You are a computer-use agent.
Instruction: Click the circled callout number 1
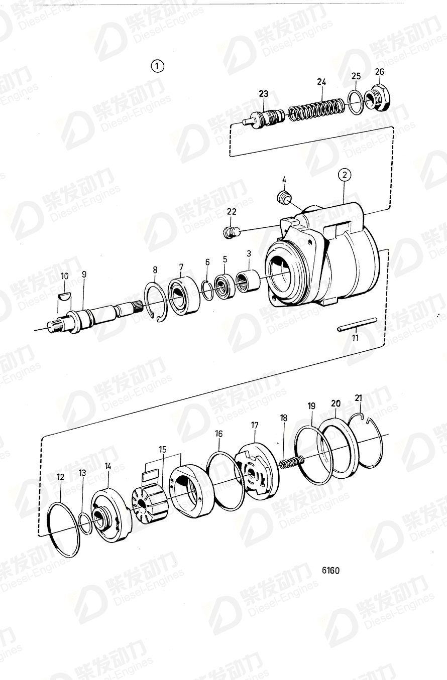pyautogui.click(x=158, y=66)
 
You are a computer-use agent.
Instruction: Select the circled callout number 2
pyautogui.click(x=344, y=175)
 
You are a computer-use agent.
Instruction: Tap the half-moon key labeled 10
pyautogui.click(x=64, y=296)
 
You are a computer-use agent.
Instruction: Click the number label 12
pyautogui.click(x=60, y=477)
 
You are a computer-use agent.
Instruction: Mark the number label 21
pyautogui.click(x=358, y=398)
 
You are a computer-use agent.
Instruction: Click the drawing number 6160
pyautogui.click(x=330, y=571)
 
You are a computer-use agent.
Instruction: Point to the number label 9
pyautogui.click(x=84, y=275)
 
